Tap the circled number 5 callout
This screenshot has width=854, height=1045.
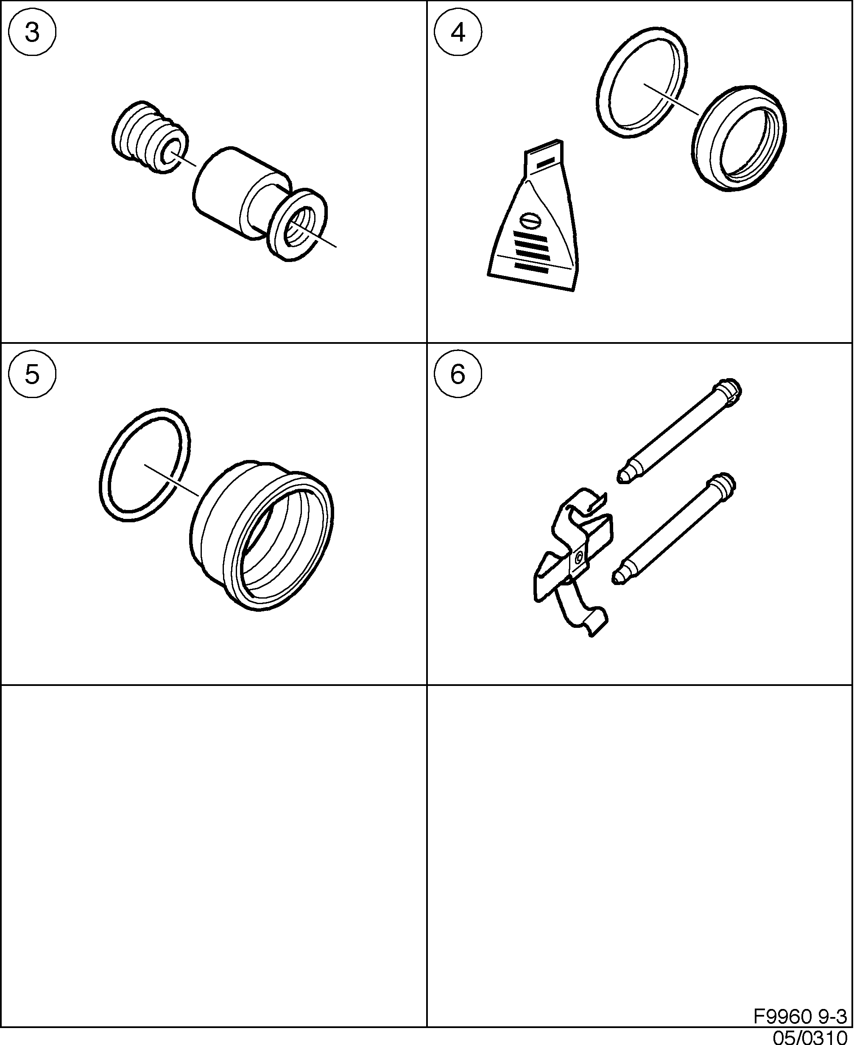pos(32,375)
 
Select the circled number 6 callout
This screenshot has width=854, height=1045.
pos(458,375)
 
